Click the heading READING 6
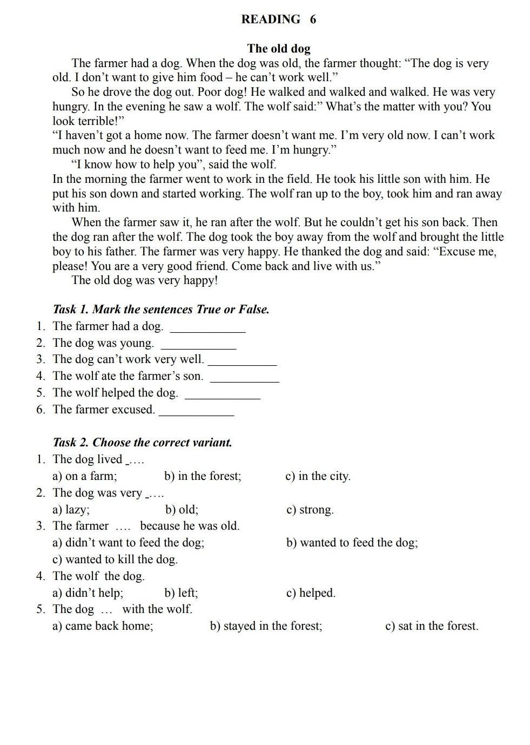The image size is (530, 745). coord(278,19)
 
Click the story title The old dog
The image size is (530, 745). coord(279,49)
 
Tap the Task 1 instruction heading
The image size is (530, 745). coord(161,309)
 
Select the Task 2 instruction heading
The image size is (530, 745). coord(143,443)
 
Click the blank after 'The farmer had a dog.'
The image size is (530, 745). coord(207,328)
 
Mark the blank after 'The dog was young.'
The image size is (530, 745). coord(199,345)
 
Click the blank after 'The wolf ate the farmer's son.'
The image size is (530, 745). coord(244,379)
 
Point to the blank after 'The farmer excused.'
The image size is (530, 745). coord(197,412)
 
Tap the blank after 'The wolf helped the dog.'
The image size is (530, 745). coord(222,395)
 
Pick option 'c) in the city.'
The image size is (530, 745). coord(318,476)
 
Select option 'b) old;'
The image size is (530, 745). coord(182,510)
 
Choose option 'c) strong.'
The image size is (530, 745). coord(310,510)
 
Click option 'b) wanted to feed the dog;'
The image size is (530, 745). coord(352,543)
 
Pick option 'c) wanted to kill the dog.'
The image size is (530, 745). coord(115,559)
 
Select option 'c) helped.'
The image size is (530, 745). coord(311,593)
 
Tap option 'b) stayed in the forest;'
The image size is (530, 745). coord(266,626)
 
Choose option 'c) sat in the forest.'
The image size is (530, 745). coord(431,626)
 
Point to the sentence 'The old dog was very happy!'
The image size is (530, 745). coord(145,280)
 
